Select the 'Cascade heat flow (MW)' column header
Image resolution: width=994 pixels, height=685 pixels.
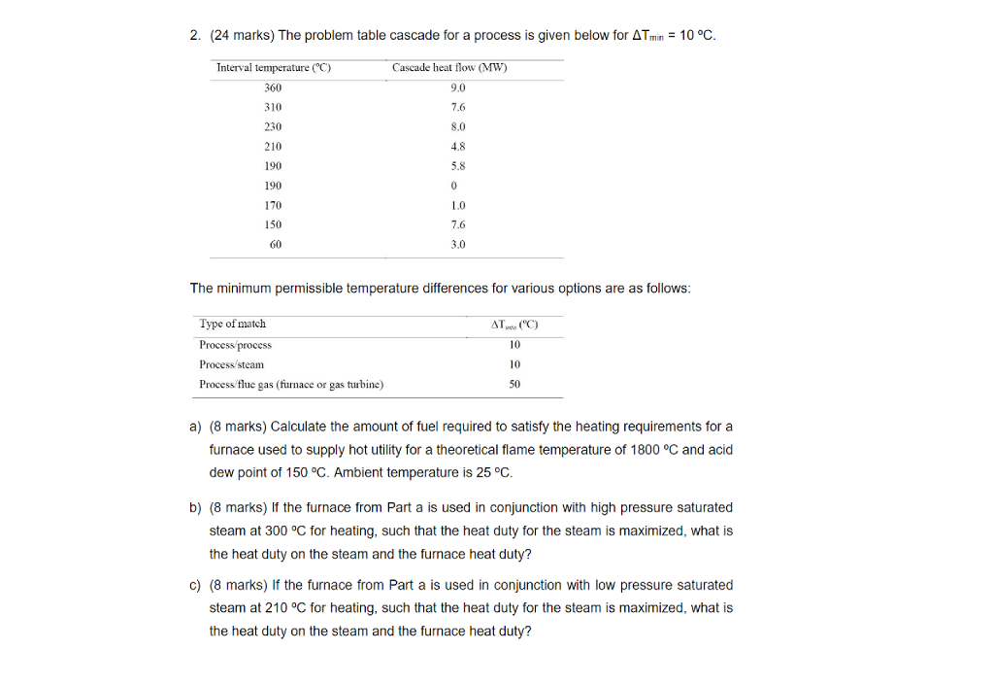449,68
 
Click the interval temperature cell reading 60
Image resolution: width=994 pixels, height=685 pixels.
276,245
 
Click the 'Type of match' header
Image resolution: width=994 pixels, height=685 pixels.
232,324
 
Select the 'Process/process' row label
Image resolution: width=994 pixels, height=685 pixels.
235,345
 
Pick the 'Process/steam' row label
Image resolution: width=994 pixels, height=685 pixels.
231,364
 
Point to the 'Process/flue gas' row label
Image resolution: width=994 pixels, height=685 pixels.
291,384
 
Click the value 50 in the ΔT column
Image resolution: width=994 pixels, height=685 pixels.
514,384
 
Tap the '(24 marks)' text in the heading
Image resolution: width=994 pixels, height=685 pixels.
240,36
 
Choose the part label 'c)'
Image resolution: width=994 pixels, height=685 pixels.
195,585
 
